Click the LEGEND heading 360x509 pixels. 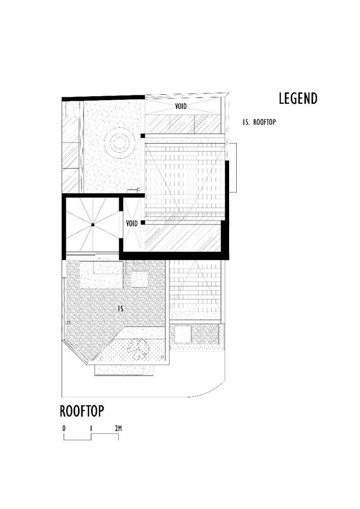(x=298, y=98)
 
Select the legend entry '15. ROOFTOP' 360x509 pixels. (x=259, y=122)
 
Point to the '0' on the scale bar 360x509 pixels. (x=64, y=428)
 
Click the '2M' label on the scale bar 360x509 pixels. (x=118, y=428)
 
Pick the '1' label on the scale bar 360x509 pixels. (x=91, y=428)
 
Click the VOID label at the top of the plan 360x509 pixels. (x=184, y=107)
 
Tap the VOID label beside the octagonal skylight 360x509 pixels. (x=132, y=223)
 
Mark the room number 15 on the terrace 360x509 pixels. (x=120, y=308)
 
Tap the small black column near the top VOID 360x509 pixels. (x=144, y=135)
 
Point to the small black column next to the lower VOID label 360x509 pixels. (x=144, y=222)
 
